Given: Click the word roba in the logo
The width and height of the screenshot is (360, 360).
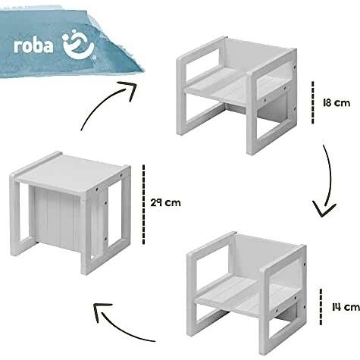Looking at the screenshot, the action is coord(33,46).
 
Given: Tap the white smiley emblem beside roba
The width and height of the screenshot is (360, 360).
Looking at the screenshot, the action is coord(78,45).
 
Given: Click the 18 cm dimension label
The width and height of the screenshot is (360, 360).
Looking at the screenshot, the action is coord(337,103).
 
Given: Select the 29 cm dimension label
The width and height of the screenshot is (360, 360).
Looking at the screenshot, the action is coord(166,203).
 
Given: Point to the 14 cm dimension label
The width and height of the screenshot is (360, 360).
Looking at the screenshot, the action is coord(346,307).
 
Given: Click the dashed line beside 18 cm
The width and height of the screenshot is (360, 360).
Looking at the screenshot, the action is coord(313,102).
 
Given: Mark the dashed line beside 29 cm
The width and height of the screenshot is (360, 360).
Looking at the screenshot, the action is coord(144,205).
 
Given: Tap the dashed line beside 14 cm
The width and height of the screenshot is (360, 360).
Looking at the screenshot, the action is coord(321,307).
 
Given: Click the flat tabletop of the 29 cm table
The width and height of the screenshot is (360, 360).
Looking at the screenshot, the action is coord(70,172).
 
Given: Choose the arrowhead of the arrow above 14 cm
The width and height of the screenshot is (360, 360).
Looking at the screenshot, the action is coord(324,209).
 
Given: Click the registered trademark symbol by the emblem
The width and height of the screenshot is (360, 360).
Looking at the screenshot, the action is coord(94,58).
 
